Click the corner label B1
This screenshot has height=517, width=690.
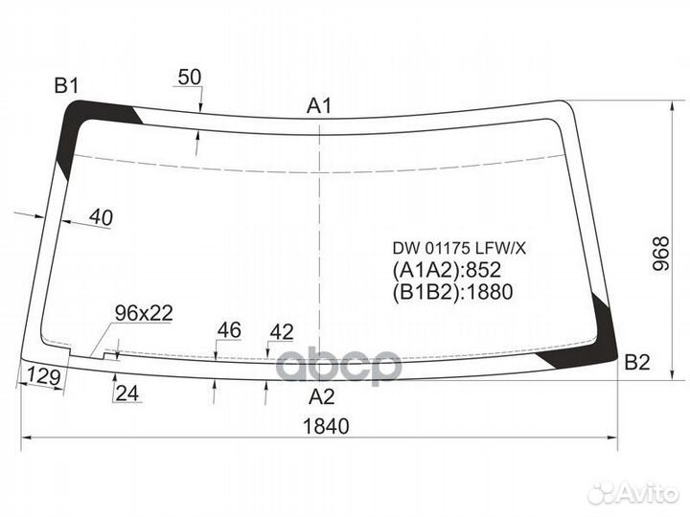coord(66,85)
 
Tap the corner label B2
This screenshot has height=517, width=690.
coord(637,362)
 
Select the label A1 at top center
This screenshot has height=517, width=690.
coord(319,106)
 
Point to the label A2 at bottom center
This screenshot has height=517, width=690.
coord(322,397)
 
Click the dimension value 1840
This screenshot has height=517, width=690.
coord(326,426)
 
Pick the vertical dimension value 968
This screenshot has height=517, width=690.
coord(661,254)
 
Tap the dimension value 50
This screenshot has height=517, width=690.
coord(190,77)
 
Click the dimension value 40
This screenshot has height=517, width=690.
coord(101,217)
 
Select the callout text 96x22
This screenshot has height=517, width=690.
coord(144,313)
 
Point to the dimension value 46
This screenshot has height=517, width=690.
coord(229,330)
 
